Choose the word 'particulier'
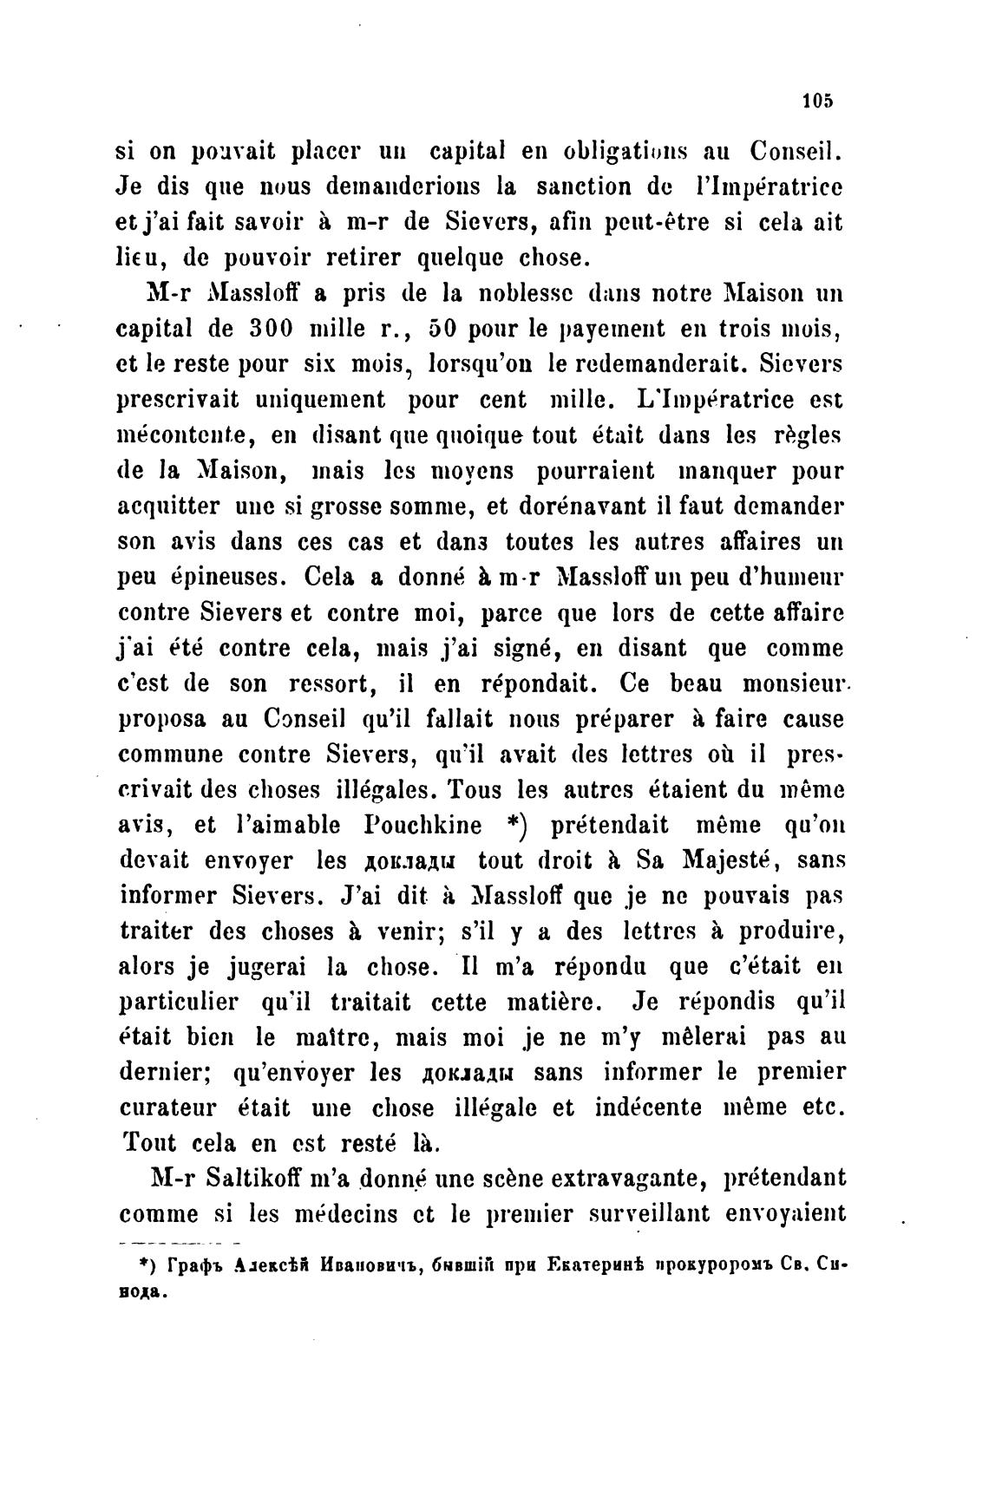coord(177,1003)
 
